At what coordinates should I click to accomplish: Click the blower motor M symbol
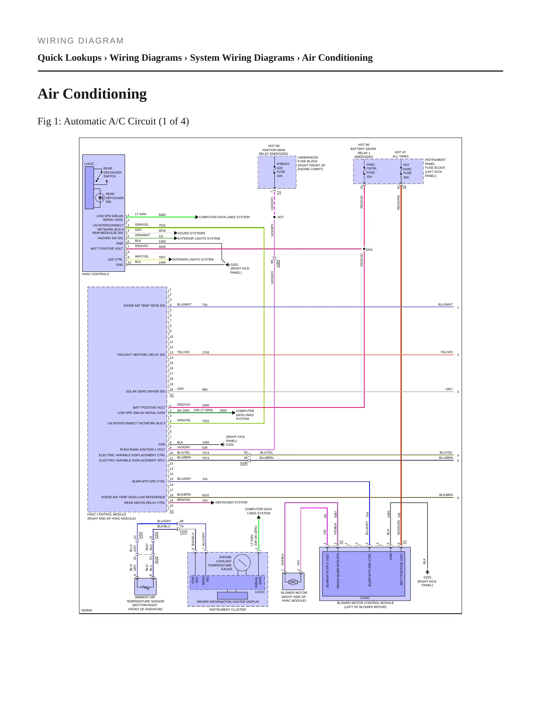[293, 582]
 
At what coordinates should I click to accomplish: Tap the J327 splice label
[280, 217]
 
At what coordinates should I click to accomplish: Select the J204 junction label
[369, 250]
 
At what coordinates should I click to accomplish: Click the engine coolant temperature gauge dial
[242, 563]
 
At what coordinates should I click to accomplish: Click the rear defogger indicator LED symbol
[100, 198]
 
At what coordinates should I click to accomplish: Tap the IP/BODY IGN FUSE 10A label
[283, 170]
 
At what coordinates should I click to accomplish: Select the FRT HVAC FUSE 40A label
[407, 171]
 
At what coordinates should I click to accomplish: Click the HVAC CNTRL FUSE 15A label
[371, 171]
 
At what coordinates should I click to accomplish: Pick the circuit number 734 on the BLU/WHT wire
[205, 305]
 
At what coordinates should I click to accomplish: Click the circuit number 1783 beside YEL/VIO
[206, 352]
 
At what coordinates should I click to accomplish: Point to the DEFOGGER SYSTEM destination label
[231, 502]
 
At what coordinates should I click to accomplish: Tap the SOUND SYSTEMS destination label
[191, 233]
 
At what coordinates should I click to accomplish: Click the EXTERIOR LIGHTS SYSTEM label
[199, 238]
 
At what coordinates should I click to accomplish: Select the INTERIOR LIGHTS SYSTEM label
[193, 259]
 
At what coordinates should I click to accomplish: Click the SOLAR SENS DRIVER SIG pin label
[145, 391]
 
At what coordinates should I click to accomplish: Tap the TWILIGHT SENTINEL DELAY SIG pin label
[141, 355]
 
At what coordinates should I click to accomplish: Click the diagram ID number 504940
[87, 610]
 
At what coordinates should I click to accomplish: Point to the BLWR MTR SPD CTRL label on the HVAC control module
[149, 481]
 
